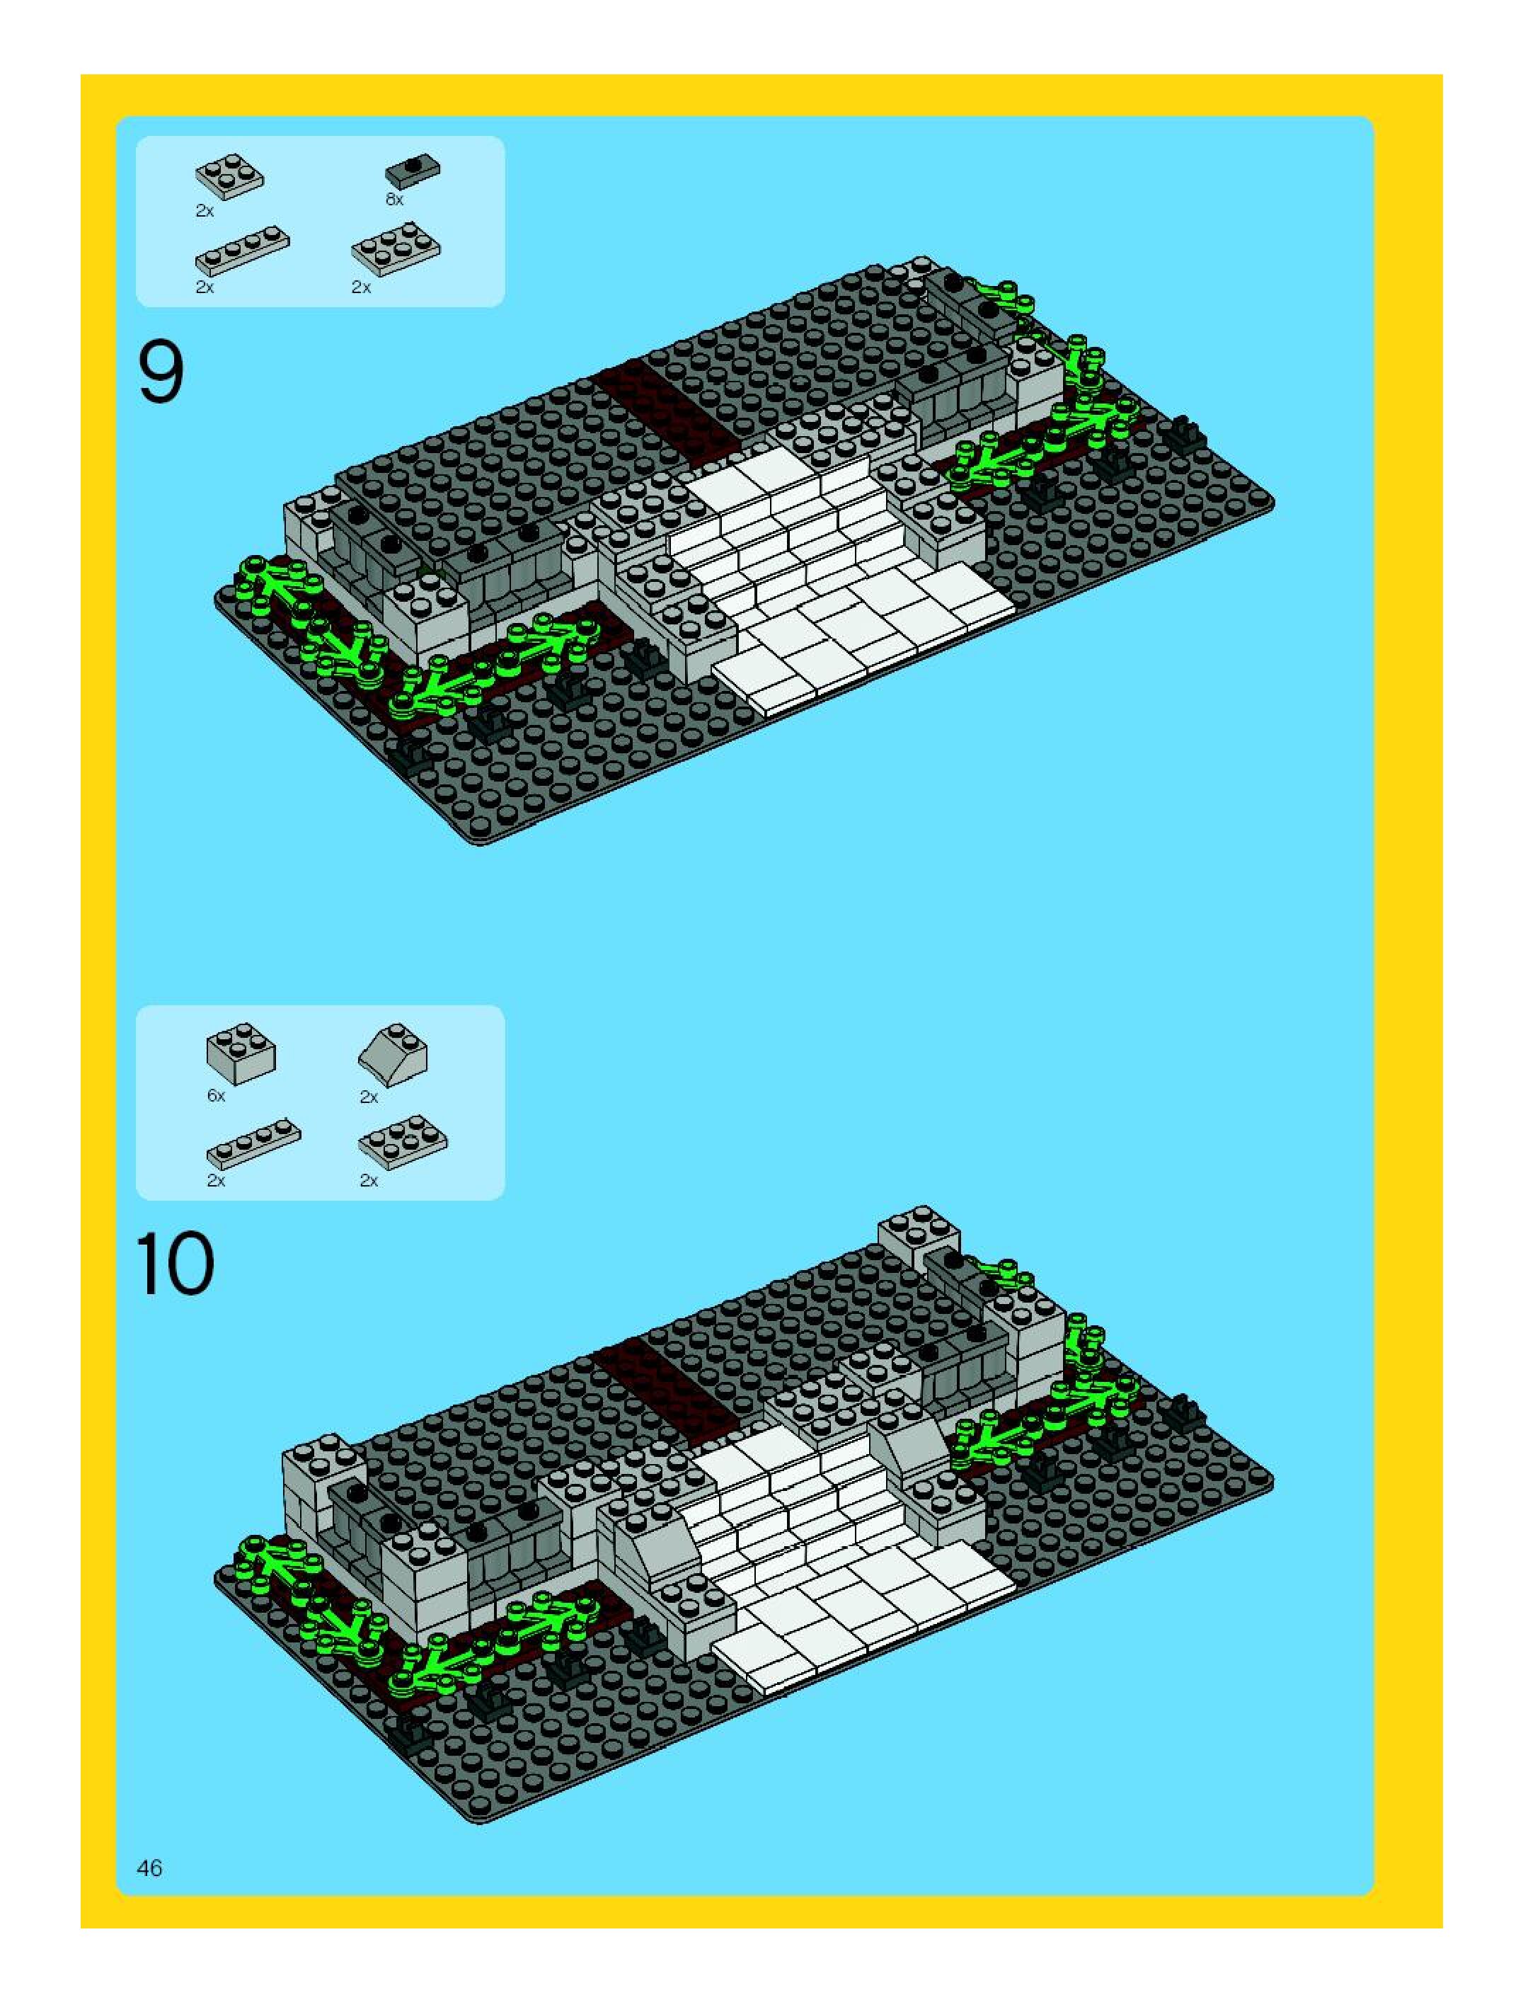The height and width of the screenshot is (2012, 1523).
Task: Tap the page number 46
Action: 149,1868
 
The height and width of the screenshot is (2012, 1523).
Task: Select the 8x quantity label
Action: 393,199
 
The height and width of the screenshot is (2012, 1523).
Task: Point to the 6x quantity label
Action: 215,1095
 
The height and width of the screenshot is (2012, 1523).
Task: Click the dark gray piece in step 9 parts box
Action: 413,170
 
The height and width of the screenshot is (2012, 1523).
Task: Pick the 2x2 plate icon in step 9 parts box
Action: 230,176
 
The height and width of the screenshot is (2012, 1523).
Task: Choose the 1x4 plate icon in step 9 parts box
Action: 242,251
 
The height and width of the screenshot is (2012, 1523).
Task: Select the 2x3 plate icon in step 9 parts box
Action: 396,248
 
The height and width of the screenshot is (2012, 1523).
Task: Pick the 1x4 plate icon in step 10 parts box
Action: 253,1143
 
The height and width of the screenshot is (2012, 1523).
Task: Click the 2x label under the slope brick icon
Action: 368,1097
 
